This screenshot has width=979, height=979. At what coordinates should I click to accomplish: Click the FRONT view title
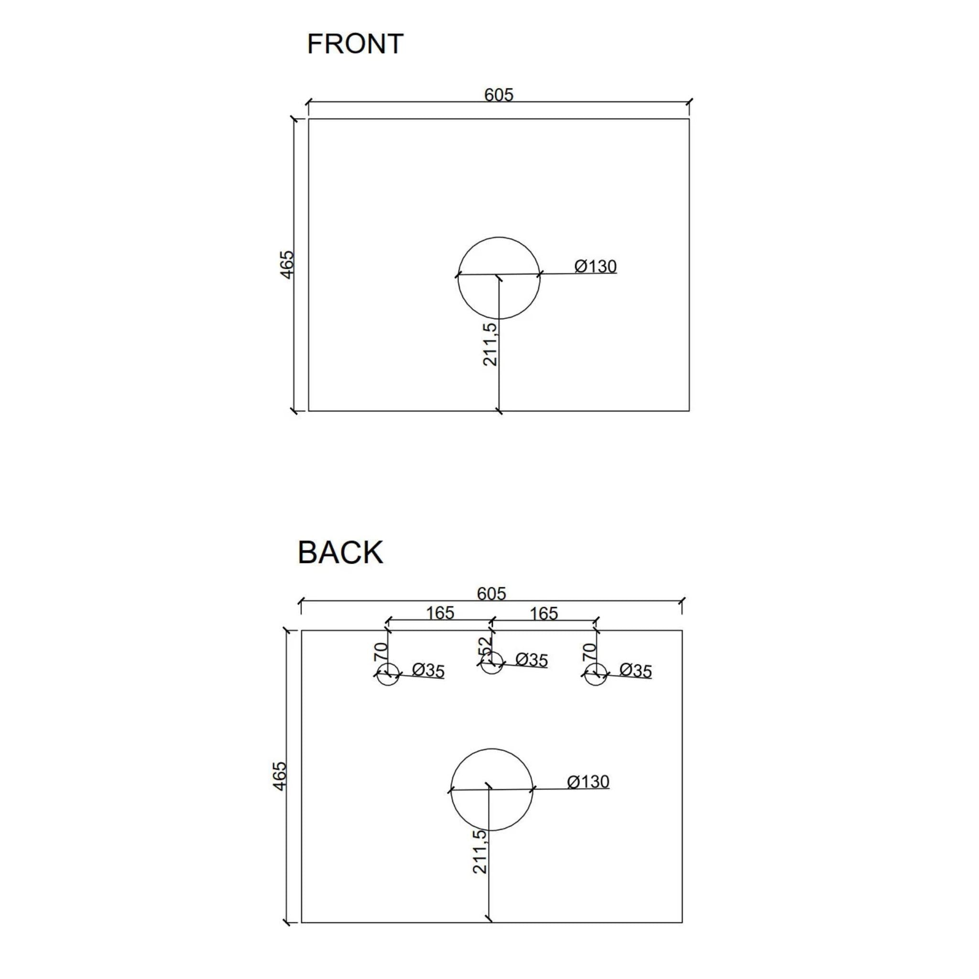click(355, 44)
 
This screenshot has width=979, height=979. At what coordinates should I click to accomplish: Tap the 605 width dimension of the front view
click(499, 95)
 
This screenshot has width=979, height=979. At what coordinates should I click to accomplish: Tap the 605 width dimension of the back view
click(491, 593)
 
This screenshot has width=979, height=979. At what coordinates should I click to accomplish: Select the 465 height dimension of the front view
click(287, 264)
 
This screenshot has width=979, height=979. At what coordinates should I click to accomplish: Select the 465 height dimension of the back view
click(279, 776)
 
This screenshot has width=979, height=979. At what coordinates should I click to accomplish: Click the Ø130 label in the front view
click(596, 266)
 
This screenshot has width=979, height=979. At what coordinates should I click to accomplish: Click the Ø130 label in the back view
click(588, 782)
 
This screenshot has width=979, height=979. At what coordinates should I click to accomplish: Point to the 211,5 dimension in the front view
click(490, 344)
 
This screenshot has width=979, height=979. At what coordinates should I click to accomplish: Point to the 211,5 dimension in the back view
click(480, 851)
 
